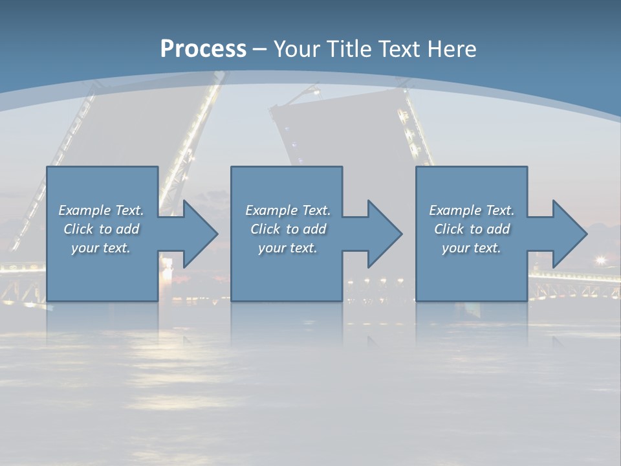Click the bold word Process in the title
tap(203, 49)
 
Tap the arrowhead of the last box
tap(569, 234)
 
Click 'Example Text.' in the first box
tap(101, 210)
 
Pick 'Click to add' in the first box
tap(101, 229)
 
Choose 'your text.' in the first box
tap(101, 248)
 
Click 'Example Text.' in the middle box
tap(287, 210)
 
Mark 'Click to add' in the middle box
tap(287, 229)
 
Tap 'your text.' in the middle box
tap(287, 248)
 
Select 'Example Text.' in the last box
tap(472, 210)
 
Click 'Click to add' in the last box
tap(472, 229)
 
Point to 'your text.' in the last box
tap(472, 248)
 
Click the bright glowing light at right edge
tap(601, 260)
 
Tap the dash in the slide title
tap(260, 49)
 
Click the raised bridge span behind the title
tap(343, 129)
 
